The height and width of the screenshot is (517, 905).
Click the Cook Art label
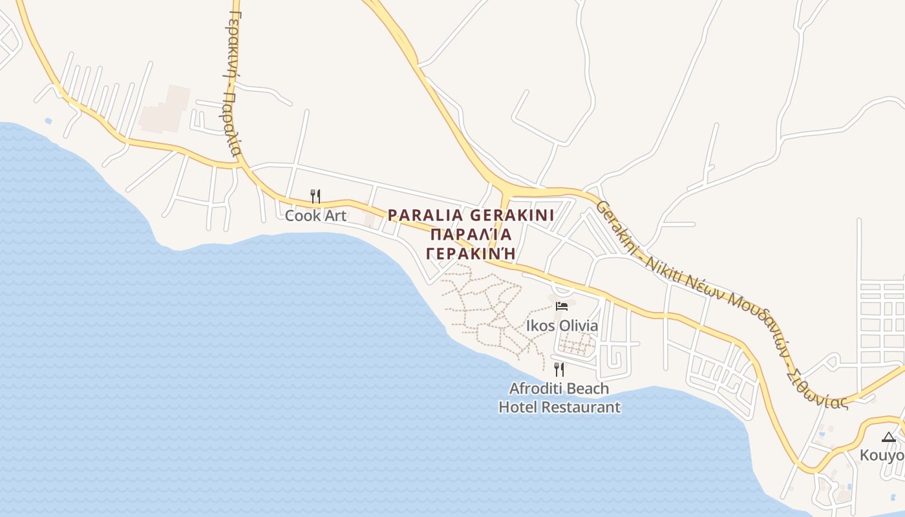point(315,216)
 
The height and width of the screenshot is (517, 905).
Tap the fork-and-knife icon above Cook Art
point(315,196)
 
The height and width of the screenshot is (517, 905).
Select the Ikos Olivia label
point(562,325)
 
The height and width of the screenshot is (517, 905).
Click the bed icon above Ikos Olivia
point(562,306)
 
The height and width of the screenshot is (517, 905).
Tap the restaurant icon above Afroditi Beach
point(559,370)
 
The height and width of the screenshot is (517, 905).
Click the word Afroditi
point(533,388)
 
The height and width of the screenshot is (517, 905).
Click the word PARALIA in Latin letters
point(425,215)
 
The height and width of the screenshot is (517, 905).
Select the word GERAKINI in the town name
point(512,215)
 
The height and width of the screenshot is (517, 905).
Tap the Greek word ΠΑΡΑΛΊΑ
point(471,234)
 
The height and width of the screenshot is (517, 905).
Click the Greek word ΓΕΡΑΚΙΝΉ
point(471,253)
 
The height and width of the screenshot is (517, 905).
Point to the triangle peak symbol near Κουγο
point(888,438)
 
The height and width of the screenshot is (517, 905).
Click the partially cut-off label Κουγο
point(882,456)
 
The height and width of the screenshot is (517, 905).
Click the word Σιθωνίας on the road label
point(816,385)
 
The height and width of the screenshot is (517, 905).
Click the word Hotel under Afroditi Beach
point(517,407)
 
